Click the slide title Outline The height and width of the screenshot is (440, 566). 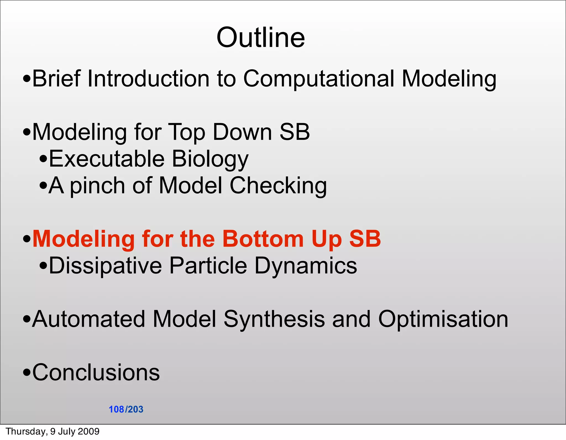click(x=261, y=38)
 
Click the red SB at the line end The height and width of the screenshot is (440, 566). click(x=365, y=239)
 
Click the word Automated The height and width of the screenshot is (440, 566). click(x=89, y=319)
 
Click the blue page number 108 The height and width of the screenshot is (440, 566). click(x=116, y=409)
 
